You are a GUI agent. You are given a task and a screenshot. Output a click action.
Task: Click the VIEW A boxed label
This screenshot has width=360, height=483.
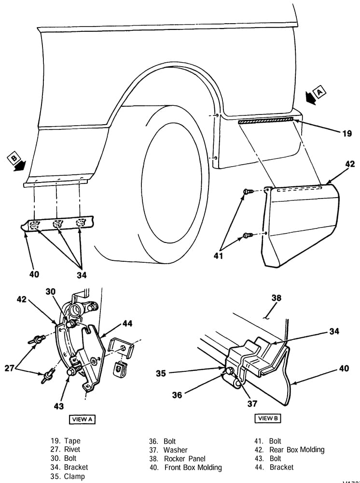point(82,419)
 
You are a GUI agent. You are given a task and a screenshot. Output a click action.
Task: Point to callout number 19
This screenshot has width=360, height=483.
point(347,134)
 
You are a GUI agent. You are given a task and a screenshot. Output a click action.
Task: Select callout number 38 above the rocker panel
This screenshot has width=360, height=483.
point(276,298)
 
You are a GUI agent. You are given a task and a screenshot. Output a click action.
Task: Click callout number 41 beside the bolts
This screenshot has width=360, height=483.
point(219,256)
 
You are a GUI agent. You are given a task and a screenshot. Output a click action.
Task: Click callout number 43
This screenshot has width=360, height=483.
point(58,406)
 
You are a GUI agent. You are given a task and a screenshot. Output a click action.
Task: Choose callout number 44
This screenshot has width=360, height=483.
point(127,324)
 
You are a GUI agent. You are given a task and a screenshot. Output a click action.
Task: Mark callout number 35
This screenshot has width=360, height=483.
point(161,373)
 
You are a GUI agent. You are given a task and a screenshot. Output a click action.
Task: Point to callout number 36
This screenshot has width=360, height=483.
point(177,395)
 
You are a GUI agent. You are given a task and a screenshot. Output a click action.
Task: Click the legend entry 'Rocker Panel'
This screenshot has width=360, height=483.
point(184,458)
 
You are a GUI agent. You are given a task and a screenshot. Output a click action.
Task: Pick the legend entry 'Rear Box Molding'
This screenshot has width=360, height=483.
point(297,450)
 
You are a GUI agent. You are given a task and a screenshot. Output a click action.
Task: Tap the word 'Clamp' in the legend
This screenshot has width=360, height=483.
point(74,477)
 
